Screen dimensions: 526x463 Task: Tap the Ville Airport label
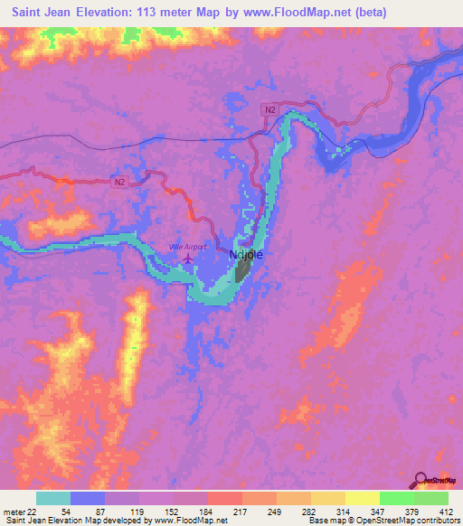[x=188, y=247]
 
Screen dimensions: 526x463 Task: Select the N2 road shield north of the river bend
[x=269, y=109]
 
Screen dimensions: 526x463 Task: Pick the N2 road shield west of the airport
[x=120, y=182]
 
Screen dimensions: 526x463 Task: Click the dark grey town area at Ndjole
[x=241, y=269]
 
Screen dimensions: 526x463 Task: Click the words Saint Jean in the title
[x=43, y=12]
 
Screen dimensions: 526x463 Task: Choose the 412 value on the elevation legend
[x=447, y=512]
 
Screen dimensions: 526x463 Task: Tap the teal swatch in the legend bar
[x=53, y=498]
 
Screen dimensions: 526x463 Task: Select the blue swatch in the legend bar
[x=88, y=498]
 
